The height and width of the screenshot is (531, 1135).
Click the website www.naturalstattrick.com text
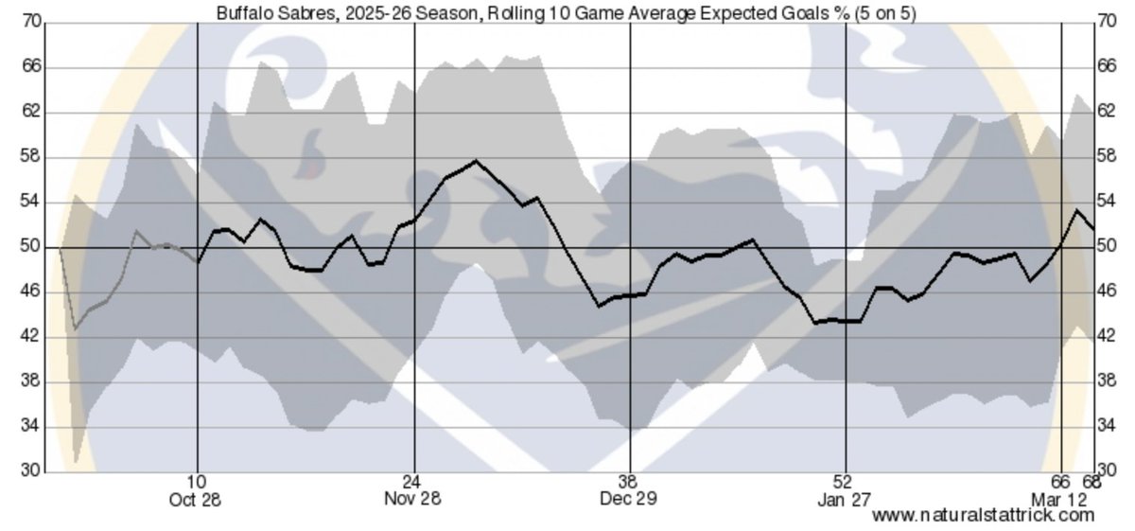[x=983, y=515]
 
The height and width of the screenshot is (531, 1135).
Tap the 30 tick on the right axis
[x=1105, y=471]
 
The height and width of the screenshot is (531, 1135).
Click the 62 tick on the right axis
[x=1105, y=113]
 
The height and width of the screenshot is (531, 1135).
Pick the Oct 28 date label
[x=197, y=499]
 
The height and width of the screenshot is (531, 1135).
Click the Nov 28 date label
[x=412, y=499]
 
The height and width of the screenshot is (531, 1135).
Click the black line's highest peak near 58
[x=476, y=161]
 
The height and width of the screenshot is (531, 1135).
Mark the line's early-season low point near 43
[x=75, y=328]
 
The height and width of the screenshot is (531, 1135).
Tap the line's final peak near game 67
[x=1076, y=210]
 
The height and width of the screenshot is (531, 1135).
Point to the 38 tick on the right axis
[x=1105, y=381]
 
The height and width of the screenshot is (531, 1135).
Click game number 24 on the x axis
[x=412, y=482]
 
